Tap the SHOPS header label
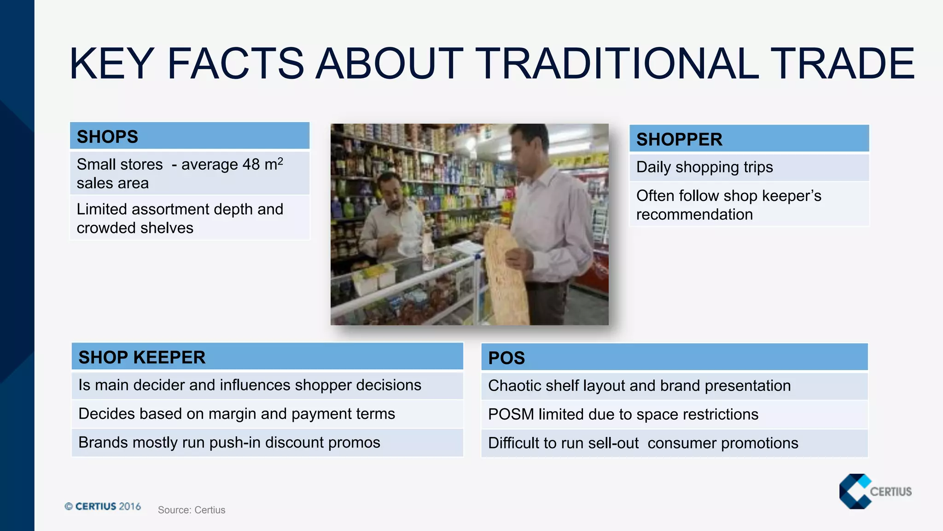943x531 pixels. [x=107, y=137]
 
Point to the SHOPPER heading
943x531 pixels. [x=679, y=139]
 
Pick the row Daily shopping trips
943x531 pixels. [x=704, y=167]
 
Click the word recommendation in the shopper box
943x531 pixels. [x=694, y=214]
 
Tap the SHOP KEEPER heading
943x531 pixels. [x=142, y=357]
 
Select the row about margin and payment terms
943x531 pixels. [x=237, y=413]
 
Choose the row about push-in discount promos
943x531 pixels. [x=229, y=442]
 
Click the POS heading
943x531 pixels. [x=506, y=358]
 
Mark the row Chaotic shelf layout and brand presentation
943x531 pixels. [x=639, y=386]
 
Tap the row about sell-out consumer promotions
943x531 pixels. [x=643, y=443]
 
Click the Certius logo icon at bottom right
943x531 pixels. [x=855, y=491]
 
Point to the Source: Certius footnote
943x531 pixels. [x=192, y=510]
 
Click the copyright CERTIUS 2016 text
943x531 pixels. [x=103, y=506]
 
